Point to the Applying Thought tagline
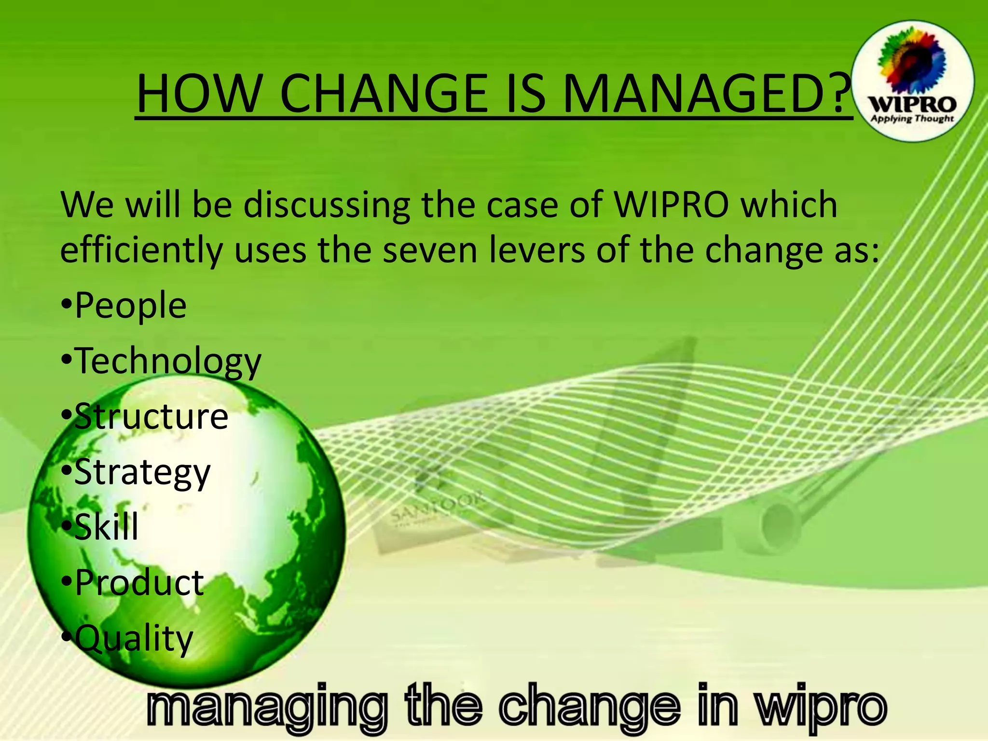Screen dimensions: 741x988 (912, 119)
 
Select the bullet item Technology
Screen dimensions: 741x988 (168, 361)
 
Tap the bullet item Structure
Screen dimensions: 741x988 (151, 416)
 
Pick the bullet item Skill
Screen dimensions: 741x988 (106, 527)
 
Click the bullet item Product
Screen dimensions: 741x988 (139, 583)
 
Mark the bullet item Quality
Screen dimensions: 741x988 (134, 638)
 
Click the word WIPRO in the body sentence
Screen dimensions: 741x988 (672, 205)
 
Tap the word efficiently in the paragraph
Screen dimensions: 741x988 (141, 251)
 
